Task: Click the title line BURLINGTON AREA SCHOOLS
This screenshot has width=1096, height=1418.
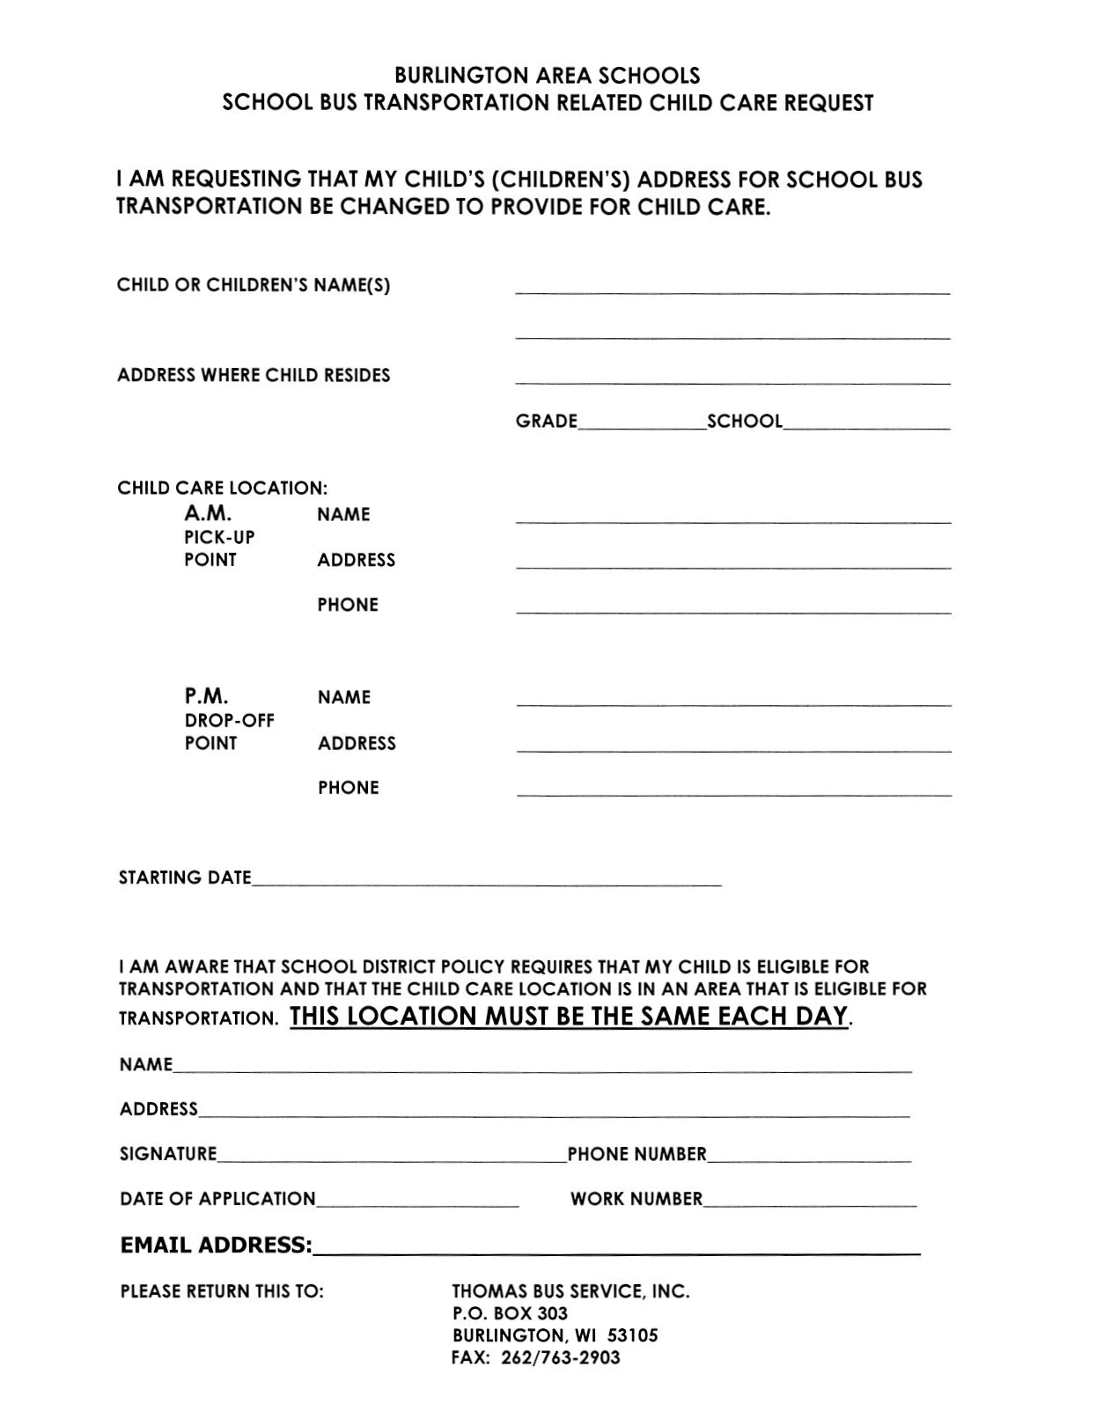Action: (x=547, y=76)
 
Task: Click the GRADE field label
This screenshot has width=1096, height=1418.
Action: (x=546, y=421)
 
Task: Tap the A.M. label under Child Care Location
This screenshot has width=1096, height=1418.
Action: (x=208, y=513)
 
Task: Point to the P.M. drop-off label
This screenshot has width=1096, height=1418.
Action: (x=206, y=696)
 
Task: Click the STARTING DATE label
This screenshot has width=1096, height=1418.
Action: (x=185, y=878)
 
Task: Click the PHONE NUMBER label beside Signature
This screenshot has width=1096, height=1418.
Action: (x=636, y=1154)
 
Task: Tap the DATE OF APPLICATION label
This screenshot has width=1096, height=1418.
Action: (x=217, y=1199)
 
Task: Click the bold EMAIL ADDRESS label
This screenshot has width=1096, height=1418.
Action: (x=216, y=1245)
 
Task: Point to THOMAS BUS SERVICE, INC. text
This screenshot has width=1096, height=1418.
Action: (x=570, y=1291)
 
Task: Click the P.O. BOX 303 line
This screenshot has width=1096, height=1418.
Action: (x=510, y=1313)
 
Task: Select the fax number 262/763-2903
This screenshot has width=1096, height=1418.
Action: (x=561, y=1357)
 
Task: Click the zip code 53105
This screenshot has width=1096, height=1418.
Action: (x=631, y=1335)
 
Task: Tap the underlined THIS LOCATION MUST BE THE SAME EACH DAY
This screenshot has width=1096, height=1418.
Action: (x=569, y=1017)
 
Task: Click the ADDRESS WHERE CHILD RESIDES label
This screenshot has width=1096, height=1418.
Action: (x=254, y=375)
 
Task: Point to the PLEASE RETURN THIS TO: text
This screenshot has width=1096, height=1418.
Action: (x=222, y=1291)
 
